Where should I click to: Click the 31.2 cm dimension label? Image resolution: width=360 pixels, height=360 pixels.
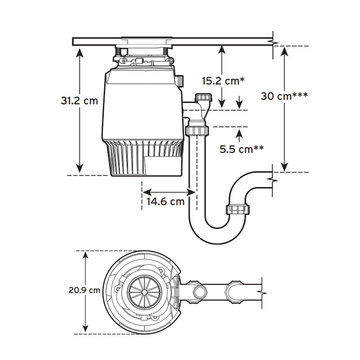79,100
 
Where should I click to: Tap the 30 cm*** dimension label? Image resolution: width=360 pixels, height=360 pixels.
284,96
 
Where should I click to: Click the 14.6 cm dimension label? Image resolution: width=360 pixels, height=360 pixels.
165,201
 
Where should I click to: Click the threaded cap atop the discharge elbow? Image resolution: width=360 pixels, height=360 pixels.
203,97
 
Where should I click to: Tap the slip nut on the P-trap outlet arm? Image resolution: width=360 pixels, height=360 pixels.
238,209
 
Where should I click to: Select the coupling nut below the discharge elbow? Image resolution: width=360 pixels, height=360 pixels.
197,130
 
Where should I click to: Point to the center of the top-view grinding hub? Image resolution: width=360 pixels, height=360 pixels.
145,292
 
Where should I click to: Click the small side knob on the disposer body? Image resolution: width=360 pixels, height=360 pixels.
180,81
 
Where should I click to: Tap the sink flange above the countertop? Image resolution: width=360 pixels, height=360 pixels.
147,38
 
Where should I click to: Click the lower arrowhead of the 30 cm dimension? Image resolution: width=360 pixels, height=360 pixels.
284,167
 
